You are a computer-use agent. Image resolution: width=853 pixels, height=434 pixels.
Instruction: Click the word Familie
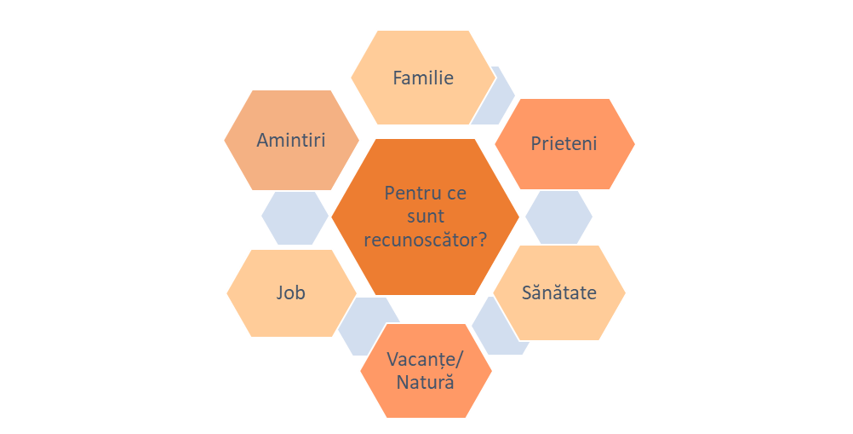[423, 78]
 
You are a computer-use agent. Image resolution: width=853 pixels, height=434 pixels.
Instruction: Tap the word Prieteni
[564, 143]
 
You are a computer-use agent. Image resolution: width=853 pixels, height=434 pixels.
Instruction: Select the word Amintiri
[291, 140]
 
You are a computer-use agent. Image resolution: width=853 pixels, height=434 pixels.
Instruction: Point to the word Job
[291, 292]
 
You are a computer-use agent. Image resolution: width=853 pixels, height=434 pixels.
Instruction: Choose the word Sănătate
[558, 292]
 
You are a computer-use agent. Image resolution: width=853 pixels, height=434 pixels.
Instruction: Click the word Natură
[425, 381]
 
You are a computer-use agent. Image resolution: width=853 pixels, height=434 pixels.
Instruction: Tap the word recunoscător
[421, 240]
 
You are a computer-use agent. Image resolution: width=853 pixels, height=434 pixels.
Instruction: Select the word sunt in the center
[426, 217]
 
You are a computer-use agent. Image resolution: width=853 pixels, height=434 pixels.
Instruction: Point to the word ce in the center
[457, 193]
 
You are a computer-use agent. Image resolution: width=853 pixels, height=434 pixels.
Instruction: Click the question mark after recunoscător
[483, 240]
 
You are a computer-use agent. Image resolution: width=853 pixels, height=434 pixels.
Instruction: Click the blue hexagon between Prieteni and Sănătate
[558, 217]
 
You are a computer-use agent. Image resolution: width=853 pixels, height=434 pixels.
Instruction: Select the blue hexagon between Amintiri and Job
[295, 217]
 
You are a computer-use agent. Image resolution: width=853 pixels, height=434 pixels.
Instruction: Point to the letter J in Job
[280, 292]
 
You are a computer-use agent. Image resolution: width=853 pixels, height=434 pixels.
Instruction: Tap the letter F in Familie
[397, 78]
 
